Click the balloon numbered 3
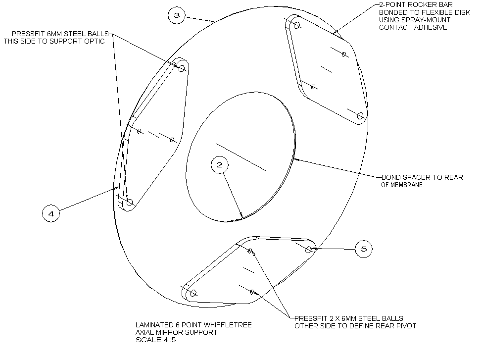coord(177,15)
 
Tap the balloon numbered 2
coord(220,165)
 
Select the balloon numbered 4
coord(51,213)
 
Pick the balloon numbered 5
coord(364,249)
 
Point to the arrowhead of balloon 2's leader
coord(241,215)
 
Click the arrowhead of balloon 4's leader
coord(117,187)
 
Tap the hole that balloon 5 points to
coord(309,250)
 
